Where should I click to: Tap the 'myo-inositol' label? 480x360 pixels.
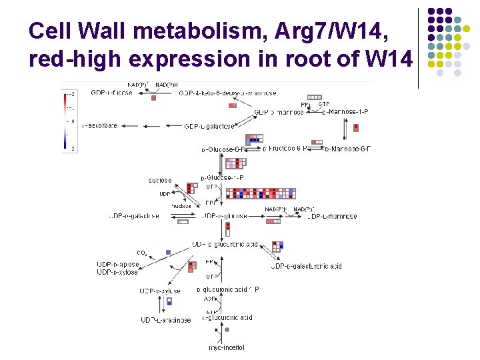(x=227, y=347)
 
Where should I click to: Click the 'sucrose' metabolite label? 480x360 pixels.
(x=160, y=180)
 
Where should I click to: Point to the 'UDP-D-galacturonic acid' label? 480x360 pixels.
(x=307, y=266)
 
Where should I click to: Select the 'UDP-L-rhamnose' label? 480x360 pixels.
(x=332, y=216)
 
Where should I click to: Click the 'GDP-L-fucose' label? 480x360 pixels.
(x=111, y=93)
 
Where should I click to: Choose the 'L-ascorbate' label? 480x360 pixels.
(x=100, y=125)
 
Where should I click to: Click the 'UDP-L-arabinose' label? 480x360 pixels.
(x=166, y=320)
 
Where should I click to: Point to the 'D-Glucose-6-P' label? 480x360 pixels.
(x=222, y=149)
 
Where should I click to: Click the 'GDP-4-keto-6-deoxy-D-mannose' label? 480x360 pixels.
(x=227, y=93)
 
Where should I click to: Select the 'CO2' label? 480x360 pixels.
(x=142, y=253)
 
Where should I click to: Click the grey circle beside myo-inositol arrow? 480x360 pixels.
(x=227, y=329)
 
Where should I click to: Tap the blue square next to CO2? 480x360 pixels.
(x=169, y=252)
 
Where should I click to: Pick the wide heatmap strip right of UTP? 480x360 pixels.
(x=261, y=193)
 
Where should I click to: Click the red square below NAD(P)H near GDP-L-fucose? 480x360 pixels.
(x=153, y=98)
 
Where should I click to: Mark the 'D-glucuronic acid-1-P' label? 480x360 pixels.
(x=228, y=289)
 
